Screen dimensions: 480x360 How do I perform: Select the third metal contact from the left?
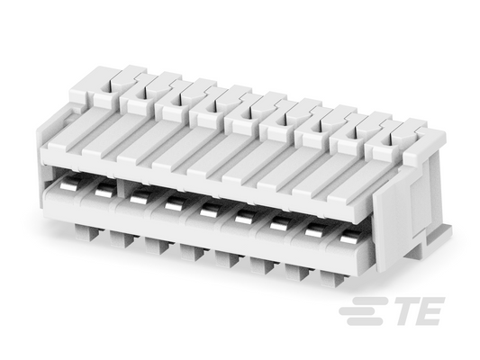[140, 198]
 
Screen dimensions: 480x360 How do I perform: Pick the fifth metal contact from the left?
[210, 211]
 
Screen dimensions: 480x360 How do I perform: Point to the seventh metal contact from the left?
[279, 226]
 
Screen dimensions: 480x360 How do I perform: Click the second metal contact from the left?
[104, 191]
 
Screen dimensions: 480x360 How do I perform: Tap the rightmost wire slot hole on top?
[386, 140]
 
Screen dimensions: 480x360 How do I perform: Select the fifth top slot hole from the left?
[247, 112]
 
